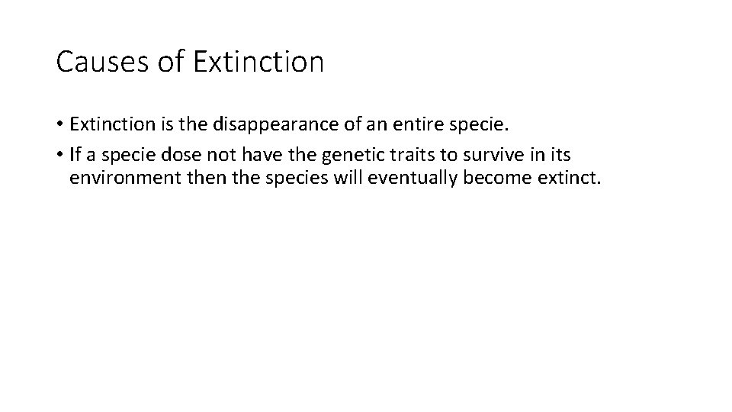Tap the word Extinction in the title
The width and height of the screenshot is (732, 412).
coord(259,62)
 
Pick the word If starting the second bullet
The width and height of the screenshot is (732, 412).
coord(75,156)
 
